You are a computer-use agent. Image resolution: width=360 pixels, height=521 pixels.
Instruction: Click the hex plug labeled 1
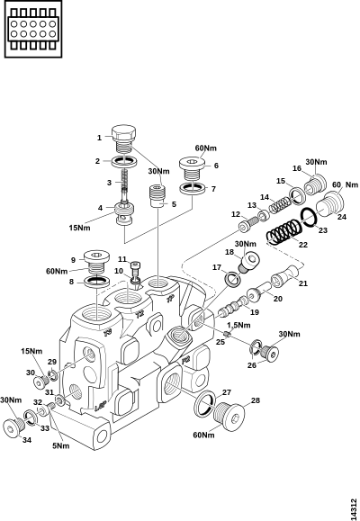[x=123, y=139]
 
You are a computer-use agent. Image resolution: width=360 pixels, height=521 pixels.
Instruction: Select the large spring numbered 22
[x=284, y=232]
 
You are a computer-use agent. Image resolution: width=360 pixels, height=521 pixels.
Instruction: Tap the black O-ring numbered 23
[x=309, y=217]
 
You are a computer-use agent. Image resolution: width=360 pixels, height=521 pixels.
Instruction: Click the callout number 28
[x=255, y=400]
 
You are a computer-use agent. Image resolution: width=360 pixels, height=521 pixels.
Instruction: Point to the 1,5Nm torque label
[x=238, y=325]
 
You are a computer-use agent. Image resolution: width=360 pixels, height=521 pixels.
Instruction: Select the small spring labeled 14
[x=279, y=205]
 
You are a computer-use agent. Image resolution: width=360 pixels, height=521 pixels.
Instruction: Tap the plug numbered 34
[x=14, y=427]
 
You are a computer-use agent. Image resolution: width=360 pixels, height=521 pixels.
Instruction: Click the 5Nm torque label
[x=61, y=445]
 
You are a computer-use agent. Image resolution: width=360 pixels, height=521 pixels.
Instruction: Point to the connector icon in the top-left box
[x=33, y=29]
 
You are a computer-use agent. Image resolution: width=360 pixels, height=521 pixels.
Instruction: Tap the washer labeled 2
[x=123, y=161]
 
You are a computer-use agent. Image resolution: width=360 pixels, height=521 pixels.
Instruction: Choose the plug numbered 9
[x=96, y=262]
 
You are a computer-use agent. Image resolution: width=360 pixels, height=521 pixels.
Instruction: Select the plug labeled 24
[x=329, y=202]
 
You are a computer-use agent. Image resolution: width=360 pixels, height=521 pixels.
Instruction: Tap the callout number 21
[x=303, y=283]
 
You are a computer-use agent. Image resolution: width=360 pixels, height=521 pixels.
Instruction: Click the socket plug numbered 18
[x=249, y=263]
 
